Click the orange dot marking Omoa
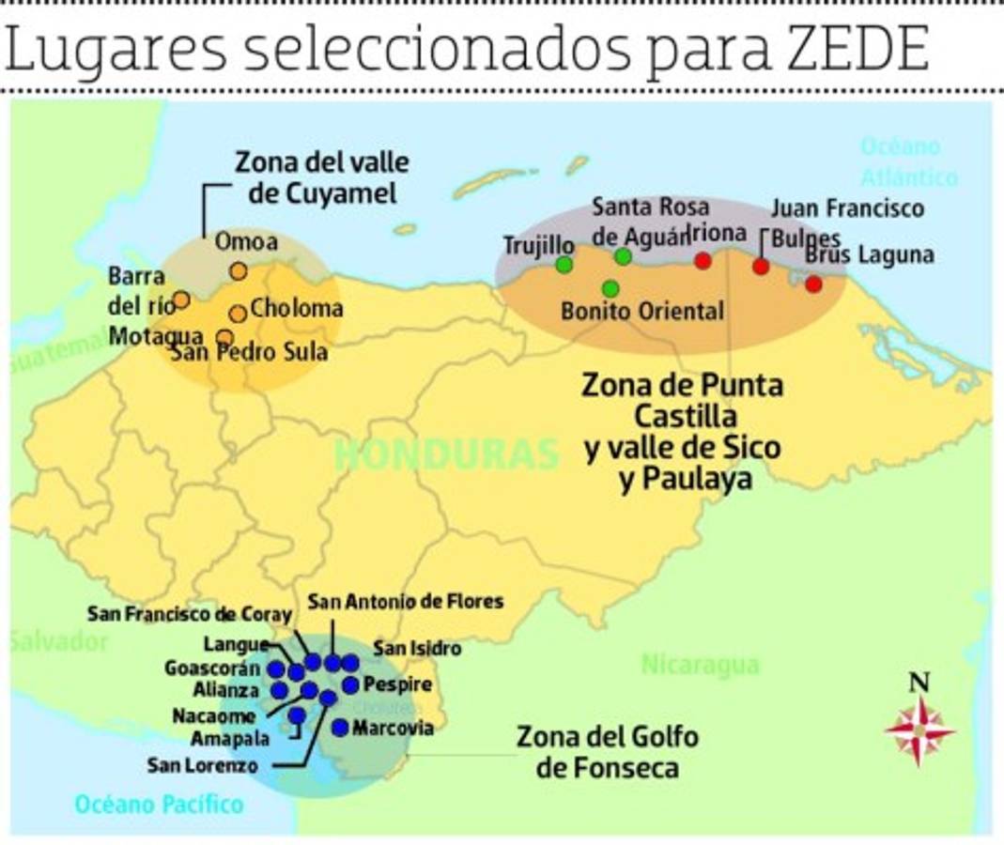(238, 271)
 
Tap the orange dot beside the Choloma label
(238, 314)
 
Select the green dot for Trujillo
(564, 265)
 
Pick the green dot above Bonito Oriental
(610, 288)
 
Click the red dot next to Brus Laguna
(813, 284)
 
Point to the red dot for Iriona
(703, 261)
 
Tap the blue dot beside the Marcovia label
(340, 727)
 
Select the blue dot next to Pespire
(350, 684)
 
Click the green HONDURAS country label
(447, 454)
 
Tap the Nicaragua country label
(700, 665)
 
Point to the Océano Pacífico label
(159, 804)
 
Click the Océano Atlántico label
(907, 161)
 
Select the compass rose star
(919, 730)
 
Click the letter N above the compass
(919, 683)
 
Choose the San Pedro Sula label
(249, 353)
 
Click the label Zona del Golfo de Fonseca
(607, 751)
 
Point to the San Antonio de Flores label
(406, 601)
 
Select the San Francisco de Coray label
(190, 614)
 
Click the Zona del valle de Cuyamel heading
(322, 177)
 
